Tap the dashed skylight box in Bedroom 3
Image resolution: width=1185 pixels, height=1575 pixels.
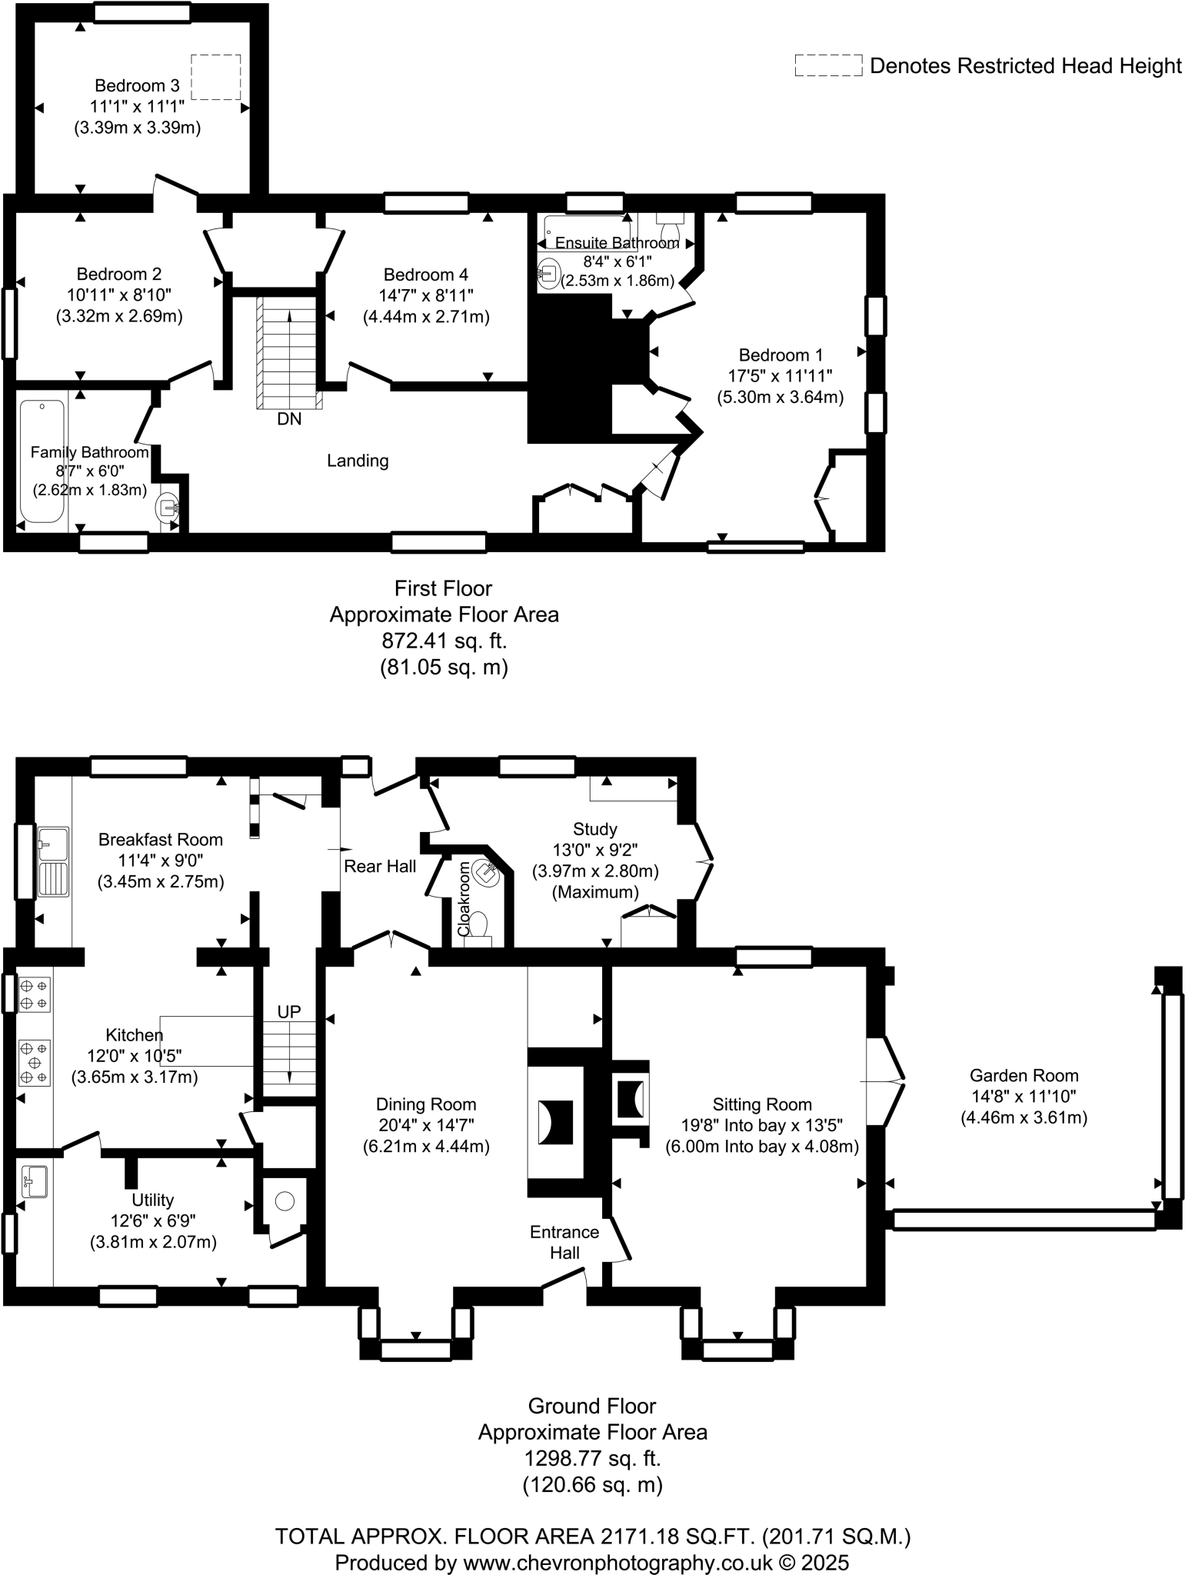pos(215,77)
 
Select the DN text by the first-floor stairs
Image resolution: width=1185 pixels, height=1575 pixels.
pos(289,419)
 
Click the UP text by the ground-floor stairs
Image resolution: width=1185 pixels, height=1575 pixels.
pos(289,1012)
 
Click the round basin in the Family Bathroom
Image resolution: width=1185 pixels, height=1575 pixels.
pos(168,508)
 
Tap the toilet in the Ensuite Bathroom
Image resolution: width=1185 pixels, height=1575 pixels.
pos(668,230)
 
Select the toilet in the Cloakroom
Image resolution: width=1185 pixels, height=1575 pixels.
pos(478,924)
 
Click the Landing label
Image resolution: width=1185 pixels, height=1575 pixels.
pos(358,461)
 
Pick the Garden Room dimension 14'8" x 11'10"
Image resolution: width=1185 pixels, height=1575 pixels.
pos(1024,1097)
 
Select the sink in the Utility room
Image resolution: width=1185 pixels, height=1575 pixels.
pos(35,1181)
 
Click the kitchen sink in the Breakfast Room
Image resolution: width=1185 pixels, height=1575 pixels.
pos(53,861)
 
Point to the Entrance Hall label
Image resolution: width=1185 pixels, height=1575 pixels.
pos(564,1242)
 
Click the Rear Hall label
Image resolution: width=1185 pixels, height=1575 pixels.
pos(380,867)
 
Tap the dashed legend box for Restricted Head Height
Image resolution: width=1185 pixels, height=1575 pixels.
pos(828,65)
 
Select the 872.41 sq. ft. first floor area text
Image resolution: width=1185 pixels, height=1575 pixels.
pos(444,641)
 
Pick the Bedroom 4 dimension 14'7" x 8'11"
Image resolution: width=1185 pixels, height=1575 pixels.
pos(426,295)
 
